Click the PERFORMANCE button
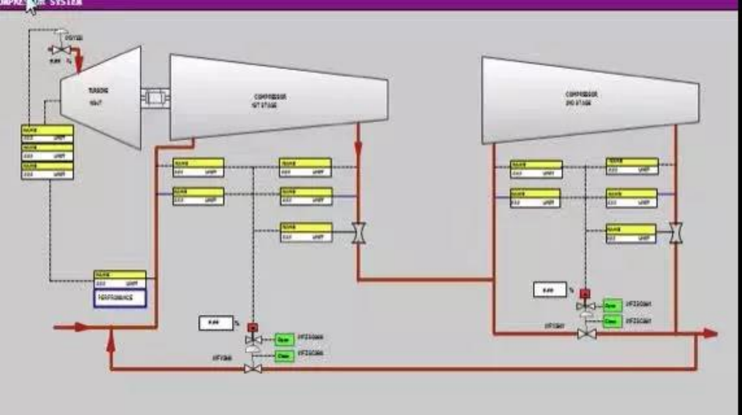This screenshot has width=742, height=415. [x=120, y=298]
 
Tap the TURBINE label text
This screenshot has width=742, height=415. [x=98, y=91]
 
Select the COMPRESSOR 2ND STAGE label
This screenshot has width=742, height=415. [x=581, y=98]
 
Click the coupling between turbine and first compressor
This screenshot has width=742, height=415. [x=155, y=97]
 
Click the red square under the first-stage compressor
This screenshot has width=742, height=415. [x=252, y=327]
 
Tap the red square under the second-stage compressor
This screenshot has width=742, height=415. [x=585, y=294]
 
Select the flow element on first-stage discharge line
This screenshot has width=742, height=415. [x=359, y=233]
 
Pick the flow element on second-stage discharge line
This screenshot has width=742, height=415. [x=675, y=233]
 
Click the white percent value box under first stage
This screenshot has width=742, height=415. [x=216, y=323]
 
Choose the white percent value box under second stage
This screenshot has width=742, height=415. [x=550, y=290]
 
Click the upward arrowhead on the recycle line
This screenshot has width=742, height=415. [x=111, y=345]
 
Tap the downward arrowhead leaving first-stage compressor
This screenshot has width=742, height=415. [x=359, y=148]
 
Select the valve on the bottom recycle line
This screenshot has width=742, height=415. [x=253, y=369]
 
